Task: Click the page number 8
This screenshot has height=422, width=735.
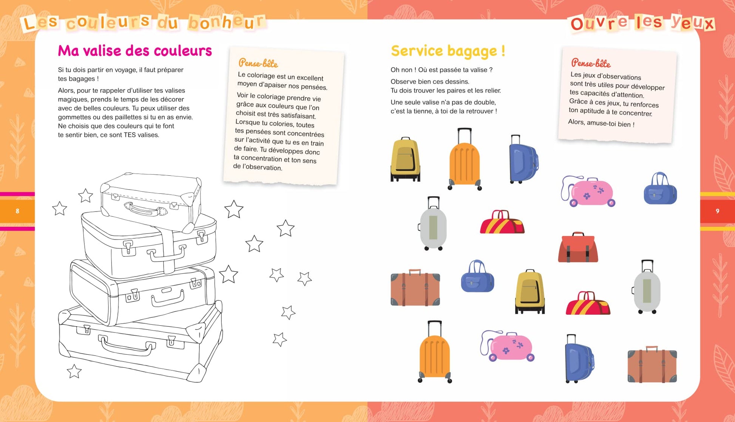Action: [17, 211]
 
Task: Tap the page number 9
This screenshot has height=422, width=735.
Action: [717, 211]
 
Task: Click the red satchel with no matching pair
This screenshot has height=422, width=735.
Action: [578, 247]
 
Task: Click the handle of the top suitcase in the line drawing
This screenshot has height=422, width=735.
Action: [145, 209]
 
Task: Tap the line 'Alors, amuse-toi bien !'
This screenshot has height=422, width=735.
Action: [601, 123]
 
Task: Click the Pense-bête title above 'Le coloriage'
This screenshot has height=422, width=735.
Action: [258, 63]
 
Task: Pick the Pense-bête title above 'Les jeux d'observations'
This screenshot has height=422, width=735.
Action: [591, 63]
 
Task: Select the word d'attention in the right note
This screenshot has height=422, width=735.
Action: [626, 94]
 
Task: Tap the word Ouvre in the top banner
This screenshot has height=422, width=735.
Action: [599, 23]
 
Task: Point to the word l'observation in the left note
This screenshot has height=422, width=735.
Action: [262, 167]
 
